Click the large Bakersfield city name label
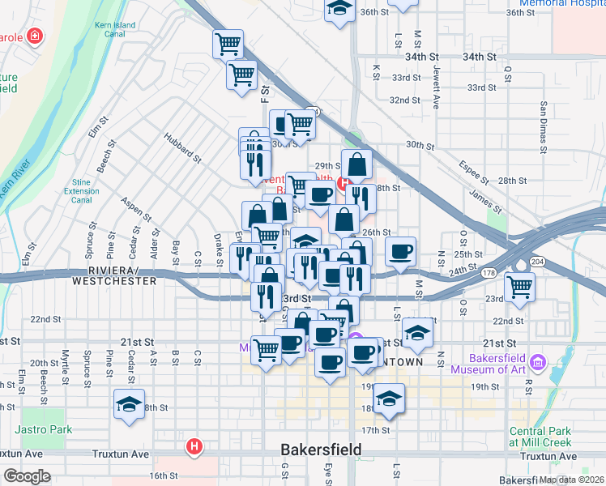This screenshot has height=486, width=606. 321,450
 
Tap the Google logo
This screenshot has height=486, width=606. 26,476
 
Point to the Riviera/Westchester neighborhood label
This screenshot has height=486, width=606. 114,275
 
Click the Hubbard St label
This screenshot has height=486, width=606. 182,148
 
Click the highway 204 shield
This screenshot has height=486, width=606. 537,262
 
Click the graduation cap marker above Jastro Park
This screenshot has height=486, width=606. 128,406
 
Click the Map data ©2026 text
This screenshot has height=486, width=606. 571,480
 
